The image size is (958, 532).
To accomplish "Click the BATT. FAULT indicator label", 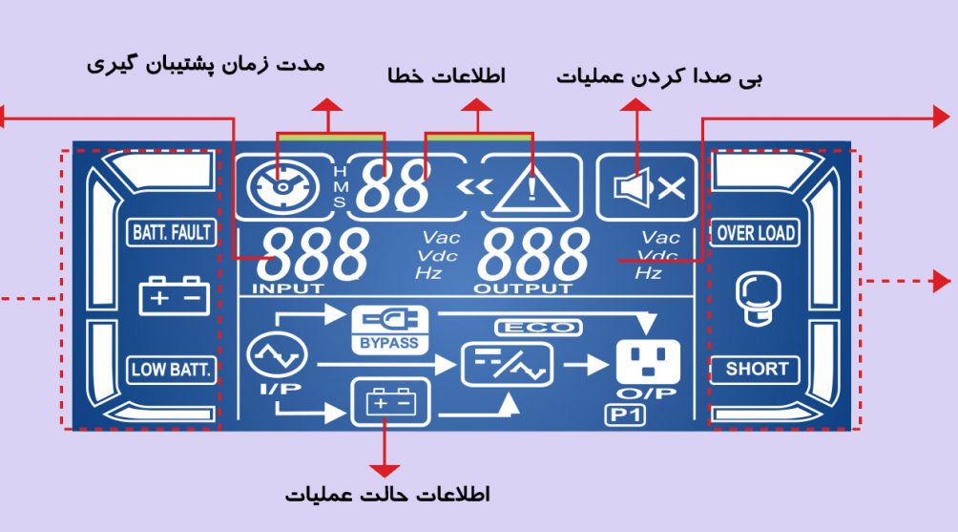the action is (172, 233).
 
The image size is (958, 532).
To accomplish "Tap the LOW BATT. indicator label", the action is (172, 370).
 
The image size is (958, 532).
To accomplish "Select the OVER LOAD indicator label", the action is (755, 233).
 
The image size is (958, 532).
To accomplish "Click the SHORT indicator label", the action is (755, 370).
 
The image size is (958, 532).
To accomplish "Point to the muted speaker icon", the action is (649, 187).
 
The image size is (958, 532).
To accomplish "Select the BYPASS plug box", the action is (390, 330).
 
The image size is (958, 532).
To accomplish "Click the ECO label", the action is (538, 329).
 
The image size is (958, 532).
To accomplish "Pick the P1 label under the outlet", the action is (625, 415).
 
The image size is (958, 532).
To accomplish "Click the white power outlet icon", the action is (648, 361).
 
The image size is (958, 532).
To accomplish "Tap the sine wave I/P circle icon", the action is (278, 356).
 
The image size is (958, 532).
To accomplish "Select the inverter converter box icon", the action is (507, 365).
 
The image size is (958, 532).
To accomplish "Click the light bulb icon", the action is (756, 298).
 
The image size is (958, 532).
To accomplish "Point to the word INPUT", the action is (288, 288).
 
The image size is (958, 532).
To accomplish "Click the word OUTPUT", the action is (523, 288).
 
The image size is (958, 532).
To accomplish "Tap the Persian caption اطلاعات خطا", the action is (447, 75).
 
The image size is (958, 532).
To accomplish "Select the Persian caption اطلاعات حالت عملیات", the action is (387, 494).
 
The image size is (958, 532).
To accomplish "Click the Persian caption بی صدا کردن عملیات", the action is (659, 77).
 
